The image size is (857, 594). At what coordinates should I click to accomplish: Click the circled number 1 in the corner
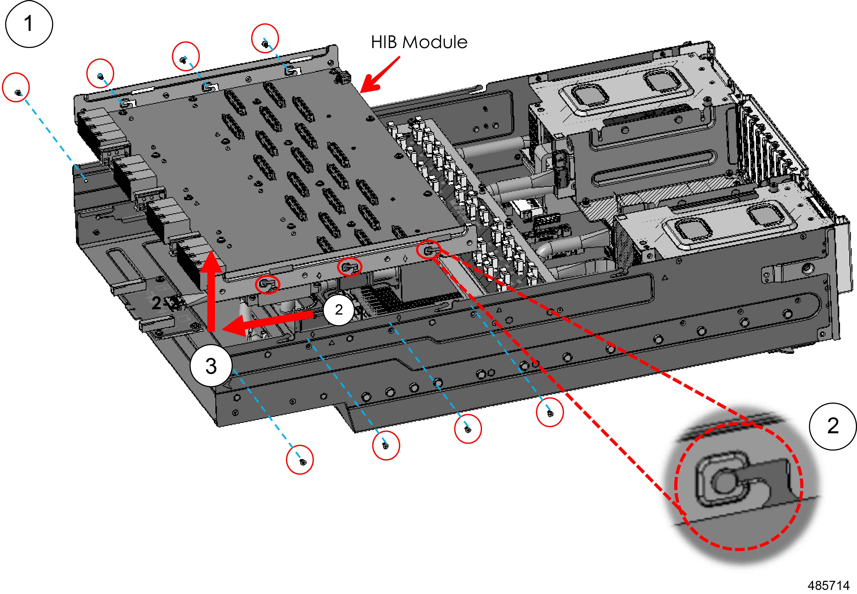coord(29,24)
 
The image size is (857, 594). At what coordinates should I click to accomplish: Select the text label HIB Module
coord(419,42)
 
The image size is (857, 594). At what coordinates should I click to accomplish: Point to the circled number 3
coord(211,366)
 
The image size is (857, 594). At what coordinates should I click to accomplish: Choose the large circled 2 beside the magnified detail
coord(832,426)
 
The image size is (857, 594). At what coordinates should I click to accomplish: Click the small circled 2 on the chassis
coord(338,309)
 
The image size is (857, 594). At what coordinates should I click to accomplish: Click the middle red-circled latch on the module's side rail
coord(349,267)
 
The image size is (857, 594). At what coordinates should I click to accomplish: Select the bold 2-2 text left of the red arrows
coord(166,303)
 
